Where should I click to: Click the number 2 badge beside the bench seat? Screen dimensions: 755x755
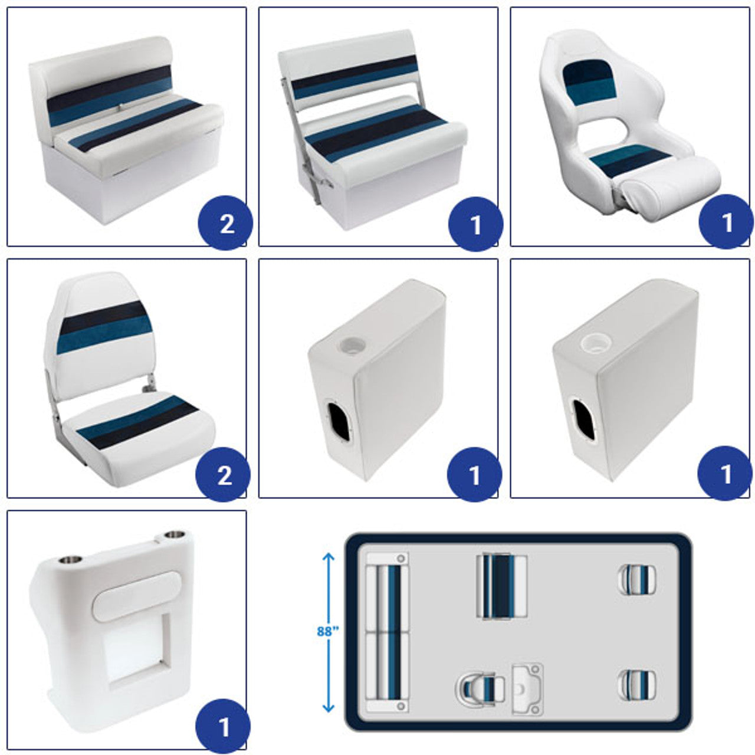[x=226, y=223]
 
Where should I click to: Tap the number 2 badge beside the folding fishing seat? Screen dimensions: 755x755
[x=223, y=474]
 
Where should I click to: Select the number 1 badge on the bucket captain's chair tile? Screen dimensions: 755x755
[x=726, y=222]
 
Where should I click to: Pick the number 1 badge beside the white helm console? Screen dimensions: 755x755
[x=223, y=726]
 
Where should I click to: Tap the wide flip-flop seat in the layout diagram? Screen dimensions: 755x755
[x=502, y=586]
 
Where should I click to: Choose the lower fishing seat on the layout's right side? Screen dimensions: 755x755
[x=637, y=686]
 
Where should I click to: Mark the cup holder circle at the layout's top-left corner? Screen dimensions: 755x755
[x=401, y=559]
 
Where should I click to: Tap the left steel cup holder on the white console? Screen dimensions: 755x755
[x=70, y=560]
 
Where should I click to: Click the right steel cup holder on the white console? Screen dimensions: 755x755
[x=175, y=534]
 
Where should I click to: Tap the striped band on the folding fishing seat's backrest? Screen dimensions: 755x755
[x=104, y=327]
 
